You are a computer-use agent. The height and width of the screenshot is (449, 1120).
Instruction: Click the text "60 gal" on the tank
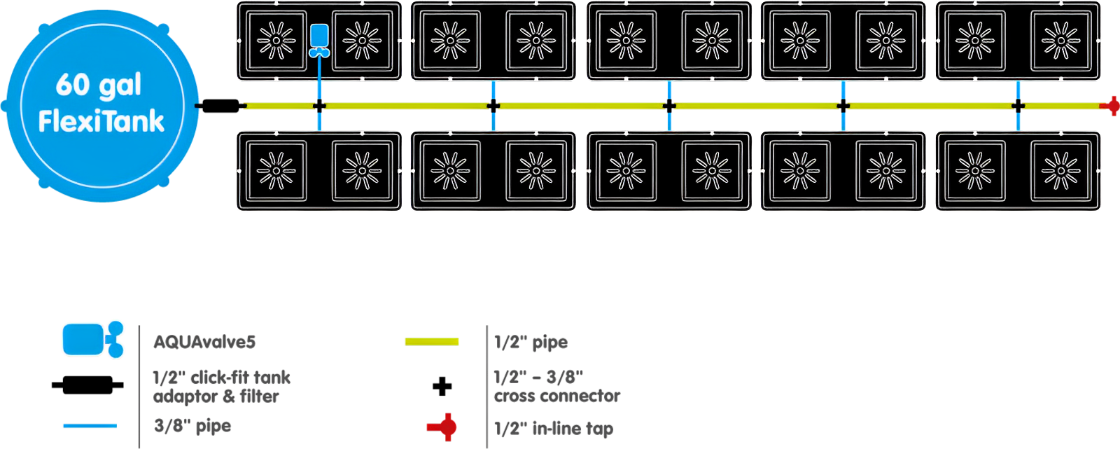pyautogui.click(x=99, y=85)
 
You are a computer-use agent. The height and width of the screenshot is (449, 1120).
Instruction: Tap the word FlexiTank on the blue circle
pyautogui.click(x=101, y=121)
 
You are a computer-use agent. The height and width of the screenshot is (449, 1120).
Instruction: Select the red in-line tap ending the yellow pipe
pyautogui.click(x=1111, y=106)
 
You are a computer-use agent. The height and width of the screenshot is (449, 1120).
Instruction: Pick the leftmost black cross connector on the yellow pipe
pyautogui.click(x=319, y=106)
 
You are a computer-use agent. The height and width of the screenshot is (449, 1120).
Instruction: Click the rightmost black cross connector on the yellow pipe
pyautogui.click(x=1018, y=106)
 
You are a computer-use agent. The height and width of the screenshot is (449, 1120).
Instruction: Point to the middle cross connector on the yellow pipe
pyautogui.click(x=669, y=106)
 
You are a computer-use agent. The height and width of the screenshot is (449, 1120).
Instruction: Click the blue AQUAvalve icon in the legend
pyautogui.click(x=92, y=339)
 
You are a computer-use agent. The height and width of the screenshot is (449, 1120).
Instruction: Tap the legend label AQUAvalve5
pyautogui.click(x=204, y=342)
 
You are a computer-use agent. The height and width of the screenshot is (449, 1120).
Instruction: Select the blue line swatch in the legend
pyautogui.click(x=90, y=425)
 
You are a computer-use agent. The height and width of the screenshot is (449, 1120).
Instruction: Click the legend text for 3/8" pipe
pyautogui.click(x=192, y=425)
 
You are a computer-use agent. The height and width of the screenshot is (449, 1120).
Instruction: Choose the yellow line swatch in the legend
pyautogui.click(x=431, y=342)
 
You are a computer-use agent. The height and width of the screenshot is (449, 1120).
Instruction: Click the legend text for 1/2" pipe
pyautogui.click(x=531, y=343)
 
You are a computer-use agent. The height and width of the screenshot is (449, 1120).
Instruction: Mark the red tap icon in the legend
pyautogui.click(x=443, y=427)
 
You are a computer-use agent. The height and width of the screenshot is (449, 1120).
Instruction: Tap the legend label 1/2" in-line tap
pyautogui.click(x=553, y=428)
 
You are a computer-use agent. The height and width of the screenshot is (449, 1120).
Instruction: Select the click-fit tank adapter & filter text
pyautogui.click(x=221, y=387)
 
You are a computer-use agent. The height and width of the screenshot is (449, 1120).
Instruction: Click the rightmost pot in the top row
pyautogui.click(x=1061, y=41)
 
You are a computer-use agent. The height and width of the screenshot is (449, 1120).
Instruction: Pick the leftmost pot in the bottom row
pyautogui.click(x=276, y=170)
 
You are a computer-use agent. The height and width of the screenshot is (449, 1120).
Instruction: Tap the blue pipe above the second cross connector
pyautogui.click(x=493, y=90)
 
